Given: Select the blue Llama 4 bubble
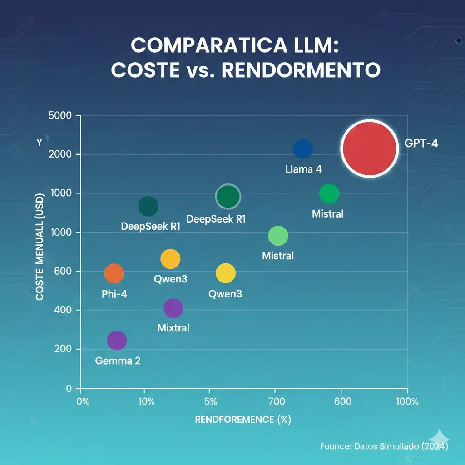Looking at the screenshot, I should (x=303, y=148).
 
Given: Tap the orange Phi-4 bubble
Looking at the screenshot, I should (x=114, y=273).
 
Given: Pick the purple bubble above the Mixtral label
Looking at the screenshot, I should (x=173, y=308).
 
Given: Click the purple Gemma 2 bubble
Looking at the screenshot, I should (x=117, y=341).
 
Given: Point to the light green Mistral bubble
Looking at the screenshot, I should (x=278, y=236).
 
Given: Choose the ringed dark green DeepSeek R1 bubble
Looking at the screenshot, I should (x=228, y=196).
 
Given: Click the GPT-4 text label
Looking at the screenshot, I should (x=420, y=147).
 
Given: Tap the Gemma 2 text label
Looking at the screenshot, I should (x=118, y=361).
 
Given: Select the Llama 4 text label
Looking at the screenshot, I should (x=303, y=169).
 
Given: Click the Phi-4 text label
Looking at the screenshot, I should (x=114, y=294).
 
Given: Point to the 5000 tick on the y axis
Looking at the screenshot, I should (x=60, y=115).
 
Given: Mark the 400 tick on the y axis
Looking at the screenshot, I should (x=63, y=310).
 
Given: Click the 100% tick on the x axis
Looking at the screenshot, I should (x=407, y=401).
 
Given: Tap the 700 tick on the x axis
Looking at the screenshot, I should (x=276, y=401).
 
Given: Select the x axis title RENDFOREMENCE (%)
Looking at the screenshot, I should (x=242, y=420).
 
